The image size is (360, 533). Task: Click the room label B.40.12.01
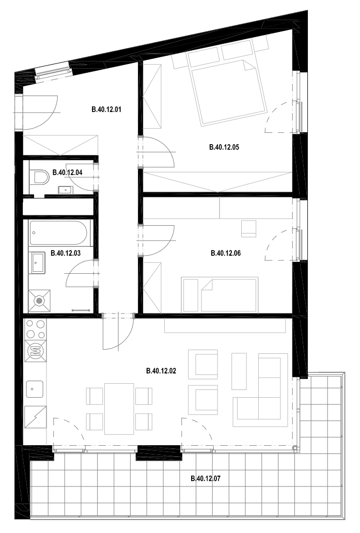(106, 109)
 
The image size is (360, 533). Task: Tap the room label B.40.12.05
(224, 147)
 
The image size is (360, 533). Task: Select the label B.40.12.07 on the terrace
(206, 479)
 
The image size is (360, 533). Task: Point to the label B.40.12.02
(161, 371)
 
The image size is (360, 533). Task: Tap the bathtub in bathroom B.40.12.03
(58, 233)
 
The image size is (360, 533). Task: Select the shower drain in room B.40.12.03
(39, 301)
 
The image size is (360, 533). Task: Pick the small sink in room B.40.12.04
(65, 190)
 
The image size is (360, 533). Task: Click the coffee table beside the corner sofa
(239, 371)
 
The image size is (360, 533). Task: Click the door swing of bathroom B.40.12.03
(80, 273)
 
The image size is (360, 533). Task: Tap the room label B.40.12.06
(226, 253)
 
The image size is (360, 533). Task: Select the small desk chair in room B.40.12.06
(248, 228)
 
